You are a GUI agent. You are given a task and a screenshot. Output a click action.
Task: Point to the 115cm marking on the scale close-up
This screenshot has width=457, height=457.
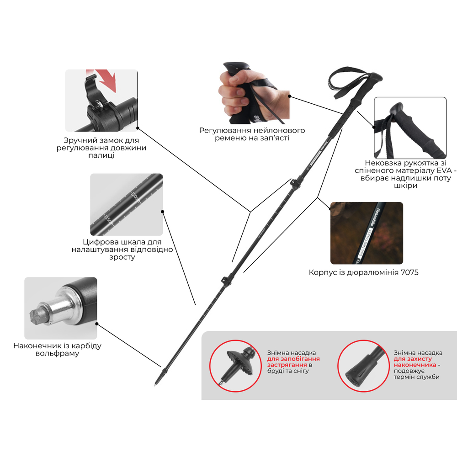109,220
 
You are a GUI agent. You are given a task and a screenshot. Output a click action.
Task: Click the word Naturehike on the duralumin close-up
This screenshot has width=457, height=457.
375,218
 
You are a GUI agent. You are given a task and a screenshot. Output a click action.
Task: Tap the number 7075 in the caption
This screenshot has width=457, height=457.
409,272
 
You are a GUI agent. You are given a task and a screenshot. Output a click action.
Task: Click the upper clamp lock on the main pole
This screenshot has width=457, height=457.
295,184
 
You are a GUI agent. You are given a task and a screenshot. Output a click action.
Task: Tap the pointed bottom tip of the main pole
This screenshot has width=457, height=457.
155,385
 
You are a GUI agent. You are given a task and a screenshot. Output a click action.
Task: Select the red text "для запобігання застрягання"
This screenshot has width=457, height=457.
293,361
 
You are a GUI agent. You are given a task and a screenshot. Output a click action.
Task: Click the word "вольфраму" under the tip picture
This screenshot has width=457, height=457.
58,354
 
